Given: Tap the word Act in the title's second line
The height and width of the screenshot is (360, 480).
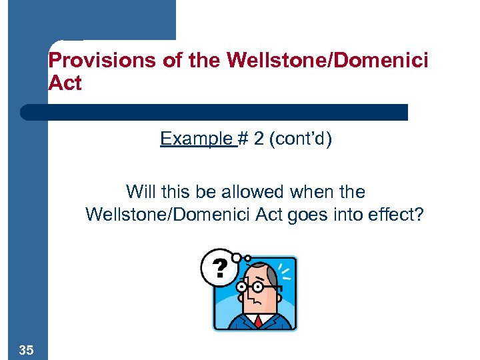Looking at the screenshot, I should point(65,84).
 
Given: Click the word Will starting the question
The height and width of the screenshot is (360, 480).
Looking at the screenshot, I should point(141,192).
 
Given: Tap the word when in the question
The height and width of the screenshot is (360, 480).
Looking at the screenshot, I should point(308,192).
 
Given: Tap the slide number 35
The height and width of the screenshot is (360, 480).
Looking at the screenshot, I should point(27,349).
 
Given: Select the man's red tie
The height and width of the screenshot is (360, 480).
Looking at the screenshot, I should point(257,322).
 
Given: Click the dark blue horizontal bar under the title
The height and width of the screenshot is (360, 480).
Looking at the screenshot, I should point(213,112).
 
